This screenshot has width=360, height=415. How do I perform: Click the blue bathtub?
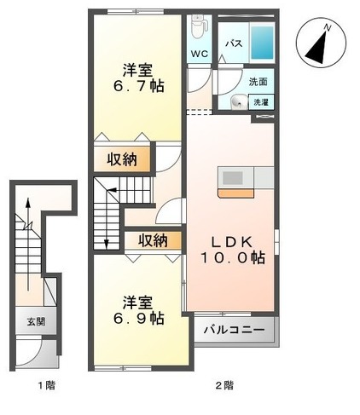262,41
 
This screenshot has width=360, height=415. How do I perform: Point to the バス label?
233,42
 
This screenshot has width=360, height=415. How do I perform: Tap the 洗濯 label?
260,102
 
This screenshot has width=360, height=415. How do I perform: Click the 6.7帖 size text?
137,86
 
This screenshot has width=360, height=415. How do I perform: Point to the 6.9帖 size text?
137,319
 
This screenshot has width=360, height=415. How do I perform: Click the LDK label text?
229,240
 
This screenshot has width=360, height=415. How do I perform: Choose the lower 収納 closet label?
154,240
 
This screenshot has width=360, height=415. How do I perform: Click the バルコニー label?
234,329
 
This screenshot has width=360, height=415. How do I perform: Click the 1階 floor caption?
46,386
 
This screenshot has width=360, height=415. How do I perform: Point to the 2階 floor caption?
224,386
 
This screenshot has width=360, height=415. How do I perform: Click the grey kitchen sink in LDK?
232,178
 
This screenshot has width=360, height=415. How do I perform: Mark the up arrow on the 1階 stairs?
29,209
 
